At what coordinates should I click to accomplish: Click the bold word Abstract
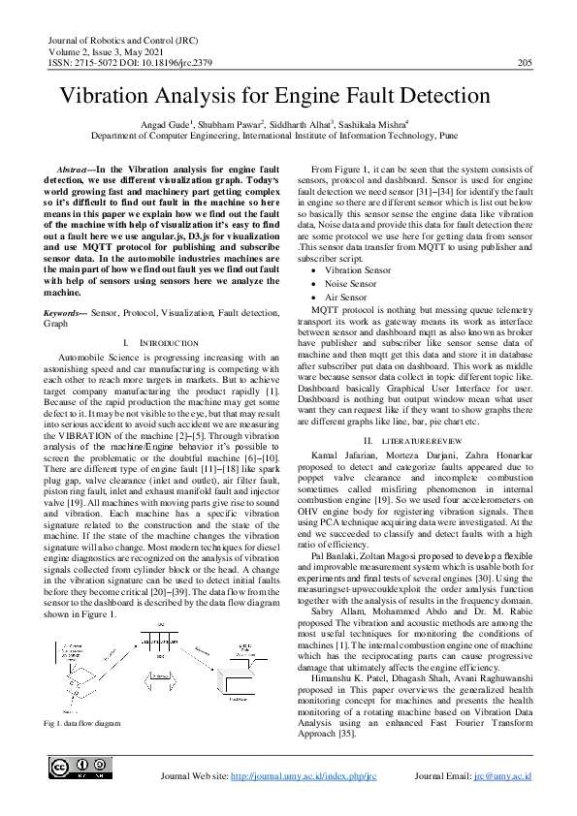point(77,169)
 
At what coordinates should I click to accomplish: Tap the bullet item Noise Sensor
point(357,257)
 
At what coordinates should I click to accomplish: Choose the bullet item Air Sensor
point(351,269)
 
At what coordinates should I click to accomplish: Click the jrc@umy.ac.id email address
point(502,777)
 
